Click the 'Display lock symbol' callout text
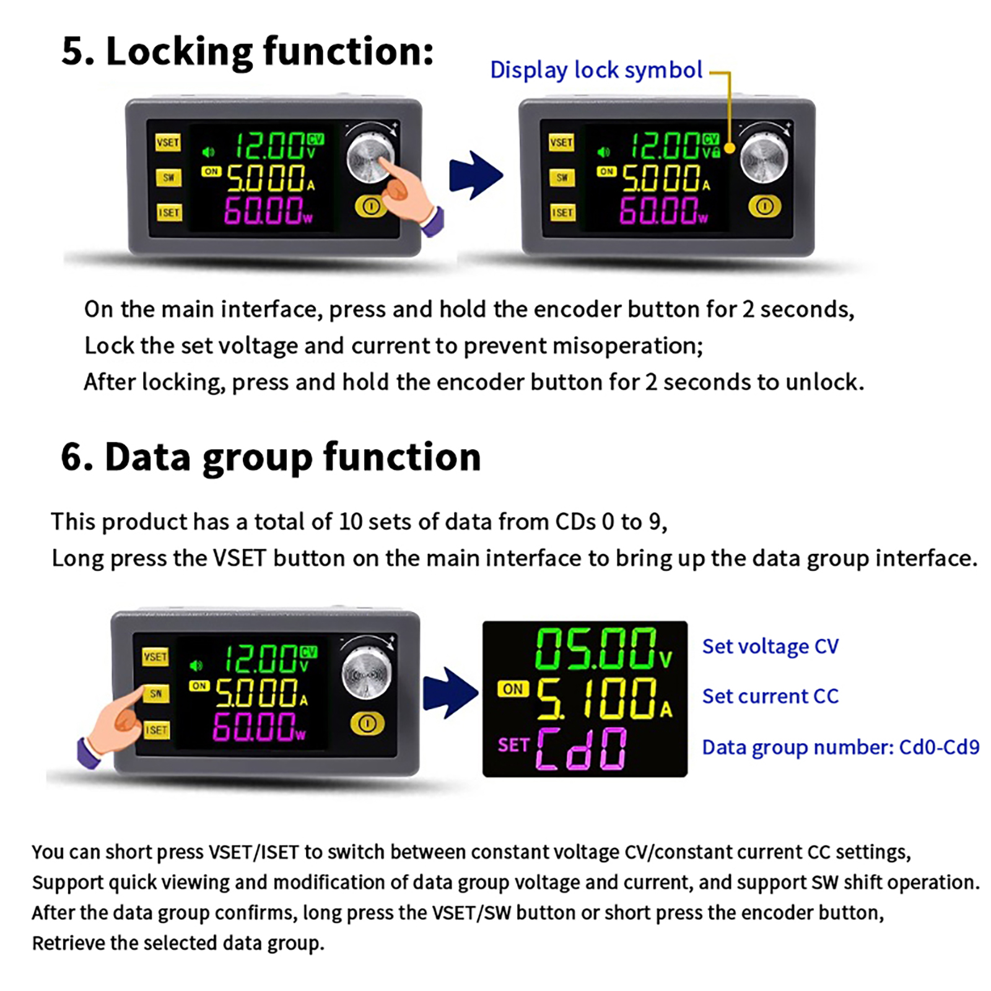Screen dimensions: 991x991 click(596, 71)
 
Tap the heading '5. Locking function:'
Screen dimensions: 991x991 click(247, 51)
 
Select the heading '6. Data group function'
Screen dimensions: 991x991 click(271, 457)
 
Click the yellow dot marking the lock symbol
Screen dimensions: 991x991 click(729, 148)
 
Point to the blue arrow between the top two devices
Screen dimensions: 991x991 click(476, 175)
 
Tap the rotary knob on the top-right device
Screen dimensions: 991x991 click(764, 158)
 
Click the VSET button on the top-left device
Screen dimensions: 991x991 click(168, 142)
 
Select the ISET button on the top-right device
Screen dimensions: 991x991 click(562, 212)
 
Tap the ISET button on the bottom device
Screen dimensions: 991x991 click(155, 730)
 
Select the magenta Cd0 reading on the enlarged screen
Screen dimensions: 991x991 click(581, 749)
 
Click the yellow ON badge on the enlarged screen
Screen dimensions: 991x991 click(513, 689)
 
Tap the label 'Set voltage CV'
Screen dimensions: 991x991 click(771, 647)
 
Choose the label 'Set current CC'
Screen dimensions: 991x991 click(771, 697)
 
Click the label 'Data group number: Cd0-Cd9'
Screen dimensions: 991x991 click(841, 748)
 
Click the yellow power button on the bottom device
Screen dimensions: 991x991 click(367, 723)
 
